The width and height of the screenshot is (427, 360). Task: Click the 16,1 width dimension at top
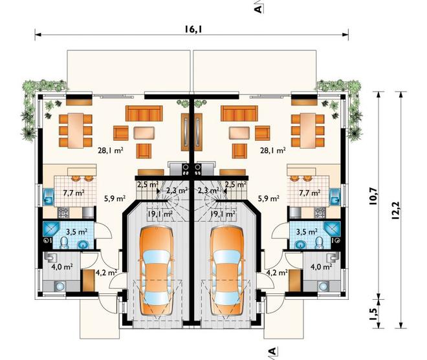193,29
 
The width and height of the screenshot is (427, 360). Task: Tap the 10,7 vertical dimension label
373,196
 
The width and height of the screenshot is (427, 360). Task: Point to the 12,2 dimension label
395,210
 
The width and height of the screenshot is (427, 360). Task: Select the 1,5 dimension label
373,313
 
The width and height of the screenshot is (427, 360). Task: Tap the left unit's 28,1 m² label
111,150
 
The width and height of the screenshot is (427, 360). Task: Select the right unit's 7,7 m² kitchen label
310,193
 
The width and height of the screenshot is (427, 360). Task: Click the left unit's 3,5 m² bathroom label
77,232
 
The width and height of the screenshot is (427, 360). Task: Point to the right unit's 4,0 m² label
321,266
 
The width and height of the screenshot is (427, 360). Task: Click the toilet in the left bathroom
64,243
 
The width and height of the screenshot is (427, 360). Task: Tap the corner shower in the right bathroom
332,229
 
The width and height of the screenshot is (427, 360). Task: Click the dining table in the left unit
76,131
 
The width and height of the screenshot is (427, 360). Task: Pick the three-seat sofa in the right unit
239,114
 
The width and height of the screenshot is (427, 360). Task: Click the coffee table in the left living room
144,133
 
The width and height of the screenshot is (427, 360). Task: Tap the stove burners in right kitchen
320,213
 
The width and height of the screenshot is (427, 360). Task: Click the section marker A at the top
258,9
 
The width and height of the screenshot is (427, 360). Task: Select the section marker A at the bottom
272,352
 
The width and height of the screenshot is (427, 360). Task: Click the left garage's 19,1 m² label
160,213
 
